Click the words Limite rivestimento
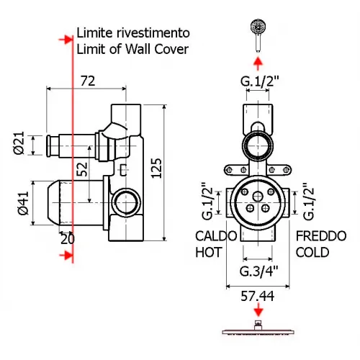[x=133, y=33]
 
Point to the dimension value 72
[x=88, y=81]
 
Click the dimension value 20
[x=67, y=238]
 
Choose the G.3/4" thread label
[x=258, y=271]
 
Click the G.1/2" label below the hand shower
[x=258, y=81]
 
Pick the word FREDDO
[x=320, y=236]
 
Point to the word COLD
[x=313, y=252]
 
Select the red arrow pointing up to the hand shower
[x=258, y=61]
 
